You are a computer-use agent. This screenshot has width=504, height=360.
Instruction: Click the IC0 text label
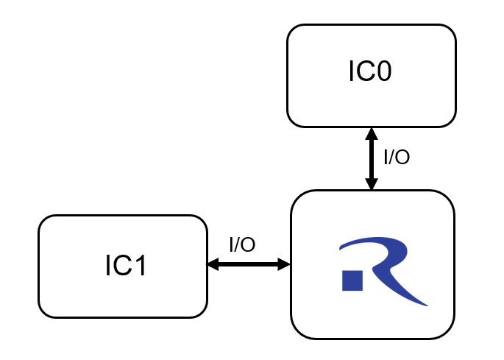point(370,72)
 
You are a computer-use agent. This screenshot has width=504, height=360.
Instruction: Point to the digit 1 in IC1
point(141,266)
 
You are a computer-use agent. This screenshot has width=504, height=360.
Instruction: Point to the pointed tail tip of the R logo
point(425,303)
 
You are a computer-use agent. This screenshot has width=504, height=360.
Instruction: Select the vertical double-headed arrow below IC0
point(372,159)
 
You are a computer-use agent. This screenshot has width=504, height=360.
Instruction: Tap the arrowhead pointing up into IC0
point(372,134)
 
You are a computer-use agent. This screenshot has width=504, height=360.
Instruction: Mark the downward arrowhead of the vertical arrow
point(372,184)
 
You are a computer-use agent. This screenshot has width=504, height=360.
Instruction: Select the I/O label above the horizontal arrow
point(242,245)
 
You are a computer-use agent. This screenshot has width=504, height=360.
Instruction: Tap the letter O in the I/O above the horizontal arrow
point(249,245)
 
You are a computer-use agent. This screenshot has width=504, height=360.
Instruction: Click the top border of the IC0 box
point(372,25)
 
